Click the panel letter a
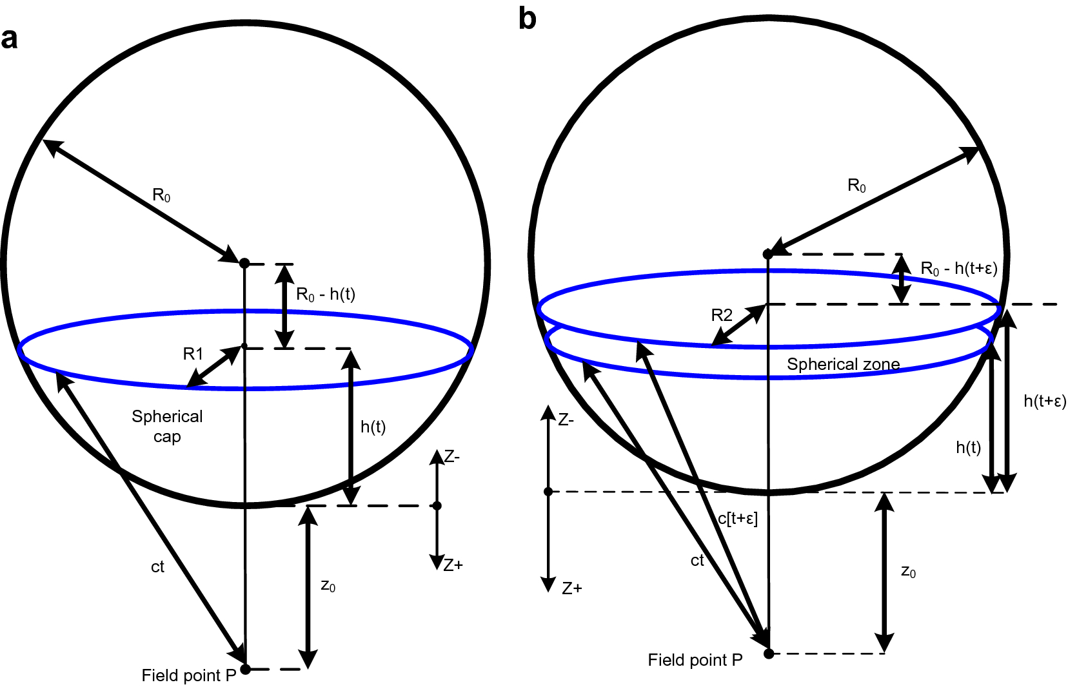coord(9,39)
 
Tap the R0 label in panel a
coord(161,195)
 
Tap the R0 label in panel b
coord(856,186)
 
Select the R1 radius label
coord(193,354)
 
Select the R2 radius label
coord(722,315)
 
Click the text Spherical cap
coord(167,426)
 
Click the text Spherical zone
coord(843,364)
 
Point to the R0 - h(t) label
coord(326,295)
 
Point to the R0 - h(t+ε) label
coord(959,269)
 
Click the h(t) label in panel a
coord(373,427)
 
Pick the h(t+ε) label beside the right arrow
coord(1045,401)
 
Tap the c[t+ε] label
coord(738,518)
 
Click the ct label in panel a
coord(157,566)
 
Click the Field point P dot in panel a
coord(245,669)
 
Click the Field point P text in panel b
coord(695,660)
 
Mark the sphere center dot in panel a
coord(244,263)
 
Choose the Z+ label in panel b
coord(571,588)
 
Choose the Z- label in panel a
coord(452,457)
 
